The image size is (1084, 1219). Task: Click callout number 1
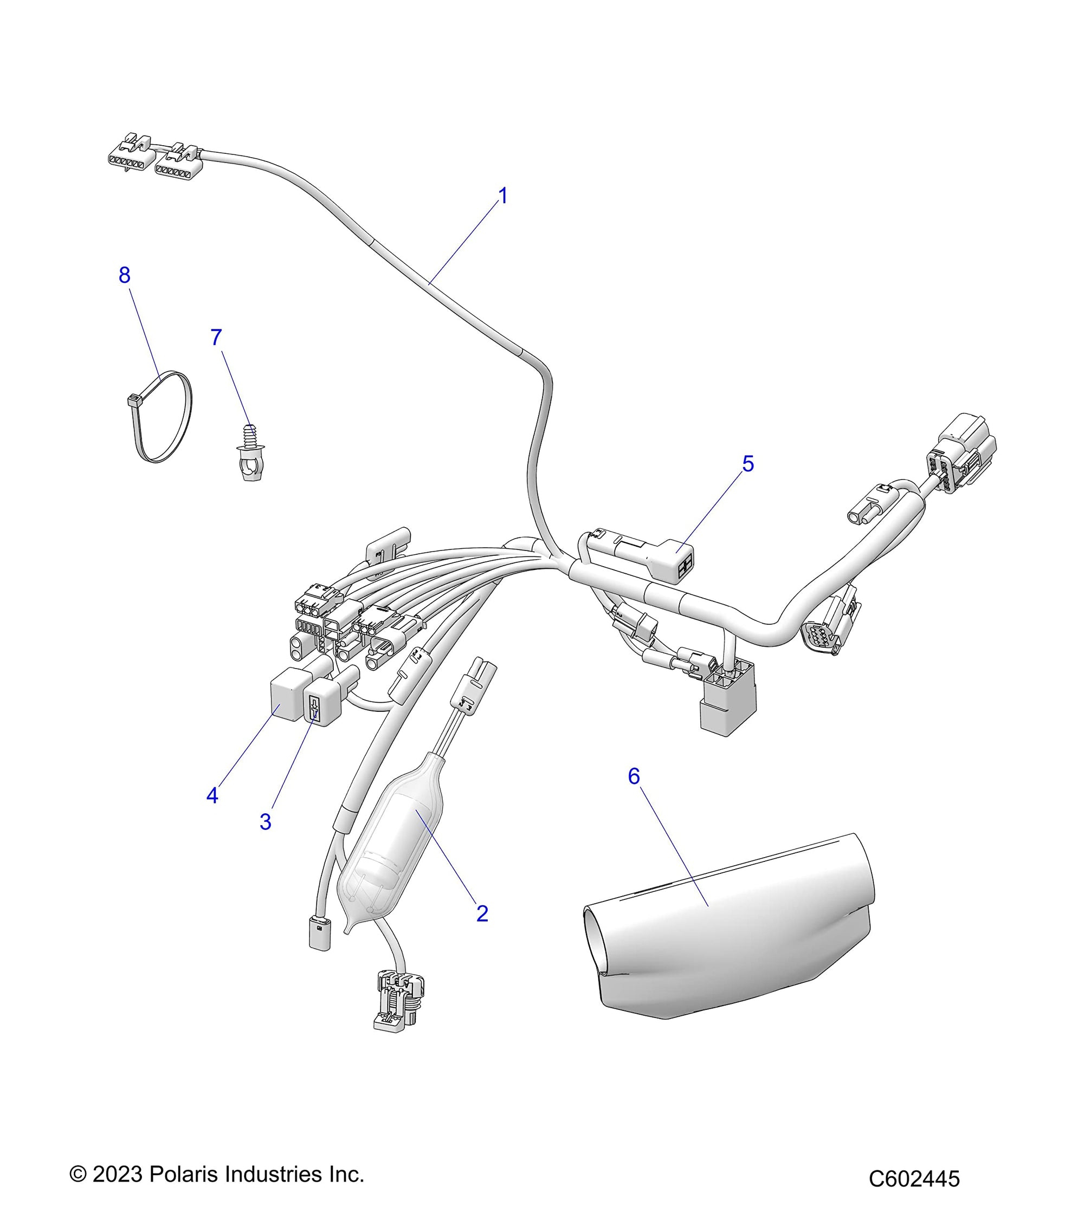503,196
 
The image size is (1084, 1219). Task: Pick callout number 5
747,463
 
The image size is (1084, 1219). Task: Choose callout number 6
634,776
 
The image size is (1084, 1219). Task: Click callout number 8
124,275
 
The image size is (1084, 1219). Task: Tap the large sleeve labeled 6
734,930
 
